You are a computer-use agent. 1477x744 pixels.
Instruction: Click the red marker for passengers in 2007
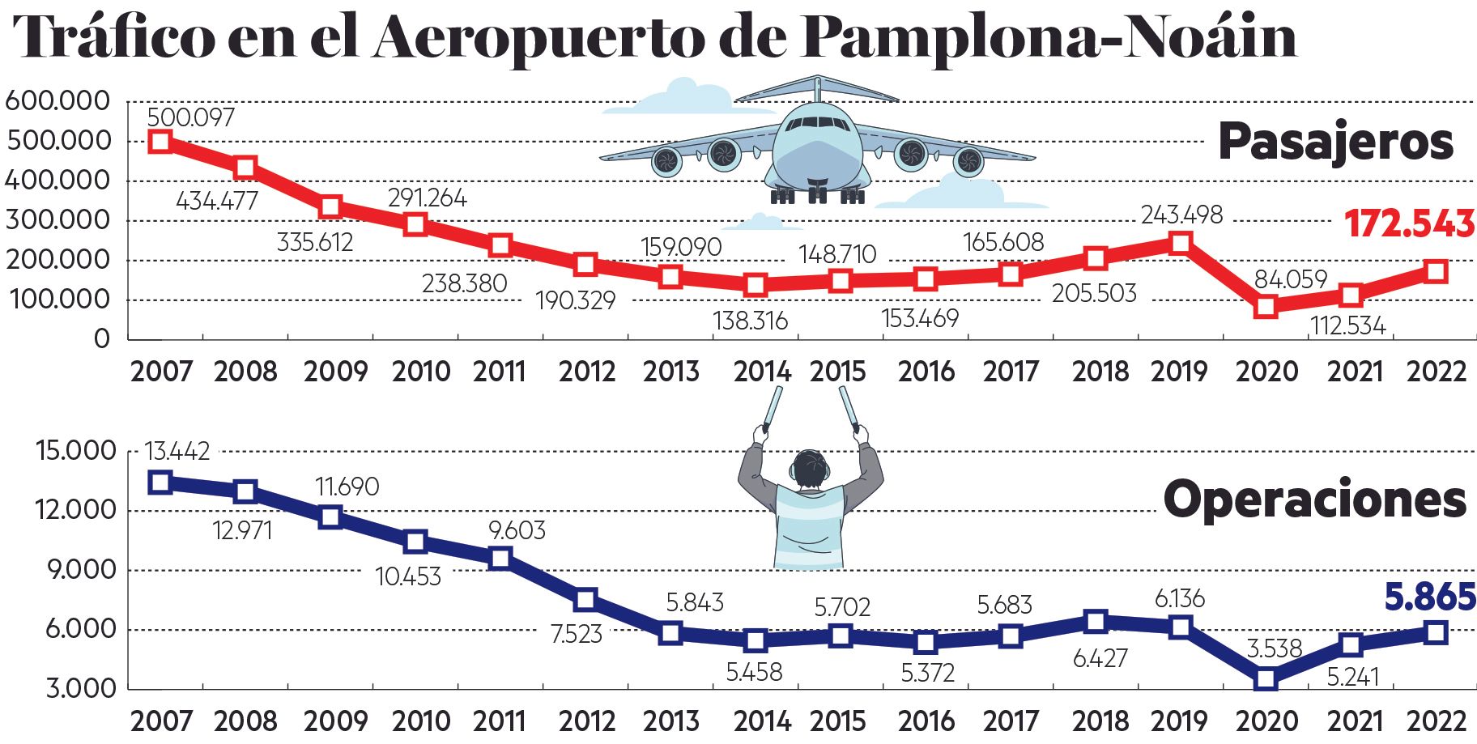(160, 142)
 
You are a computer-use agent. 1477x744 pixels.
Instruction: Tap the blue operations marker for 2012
(585, 600)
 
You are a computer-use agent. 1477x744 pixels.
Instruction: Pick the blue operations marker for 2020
(1266, 678)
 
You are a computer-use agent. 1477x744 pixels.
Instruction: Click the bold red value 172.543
(1409, 224)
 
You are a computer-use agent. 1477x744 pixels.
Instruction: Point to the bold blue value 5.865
(1430, 597)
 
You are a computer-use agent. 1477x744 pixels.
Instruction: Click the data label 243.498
(1181, 215)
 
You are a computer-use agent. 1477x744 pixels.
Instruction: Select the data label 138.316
(750, 321)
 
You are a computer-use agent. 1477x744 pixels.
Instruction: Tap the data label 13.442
(177, 451)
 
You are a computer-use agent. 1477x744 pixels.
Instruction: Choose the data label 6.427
(1100, 658)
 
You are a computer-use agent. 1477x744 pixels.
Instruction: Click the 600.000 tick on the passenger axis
(57, 101)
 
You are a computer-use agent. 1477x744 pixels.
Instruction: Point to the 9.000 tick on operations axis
(80, 569)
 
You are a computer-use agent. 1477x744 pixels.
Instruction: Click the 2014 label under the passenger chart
(761, 372)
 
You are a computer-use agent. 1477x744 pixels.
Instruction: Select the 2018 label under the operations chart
(1100, 721)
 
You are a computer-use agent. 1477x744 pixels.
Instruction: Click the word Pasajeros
(1335, 142)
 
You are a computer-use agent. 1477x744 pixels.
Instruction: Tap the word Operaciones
(1314, 500)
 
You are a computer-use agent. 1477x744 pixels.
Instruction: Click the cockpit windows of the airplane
(817, 125)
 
